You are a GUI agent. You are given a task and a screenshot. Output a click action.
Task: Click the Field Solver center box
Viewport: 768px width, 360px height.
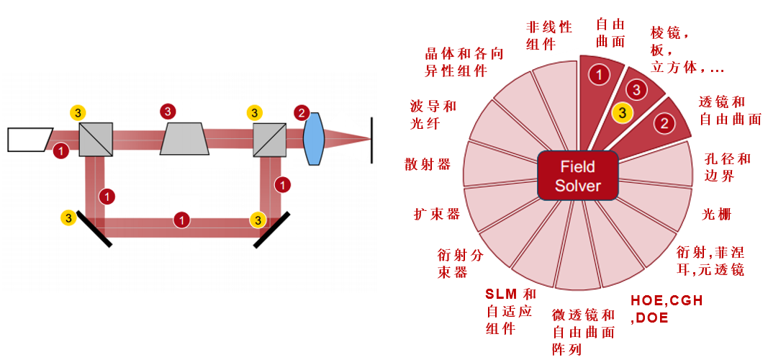pos(578,176)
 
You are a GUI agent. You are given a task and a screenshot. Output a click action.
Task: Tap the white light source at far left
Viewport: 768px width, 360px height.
pos(29,139)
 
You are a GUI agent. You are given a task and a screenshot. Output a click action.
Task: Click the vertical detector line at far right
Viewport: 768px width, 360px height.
pos(371,140)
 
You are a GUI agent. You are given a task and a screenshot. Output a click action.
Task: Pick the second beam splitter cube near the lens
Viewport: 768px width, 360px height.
pos(268,139)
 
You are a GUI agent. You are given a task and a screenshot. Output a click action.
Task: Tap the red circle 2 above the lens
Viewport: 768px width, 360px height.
pos(302,113)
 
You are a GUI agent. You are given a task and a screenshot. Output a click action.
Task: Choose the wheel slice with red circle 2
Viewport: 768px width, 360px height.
pos(664,122)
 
